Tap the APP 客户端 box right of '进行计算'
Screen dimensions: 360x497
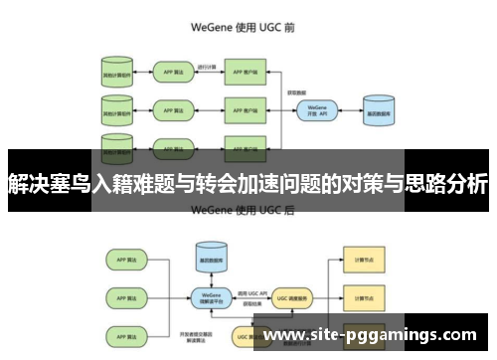click(248, 72)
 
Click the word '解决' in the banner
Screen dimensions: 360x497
click(28, 183)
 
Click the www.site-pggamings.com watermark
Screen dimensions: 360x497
click(374, 335)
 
